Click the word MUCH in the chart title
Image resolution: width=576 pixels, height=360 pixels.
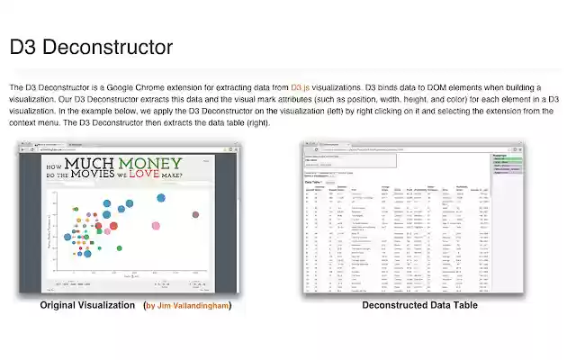[94, 166]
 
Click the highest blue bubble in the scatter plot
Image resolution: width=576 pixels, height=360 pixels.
[162, 197]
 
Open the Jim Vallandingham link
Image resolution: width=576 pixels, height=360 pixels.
[192, 306]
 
